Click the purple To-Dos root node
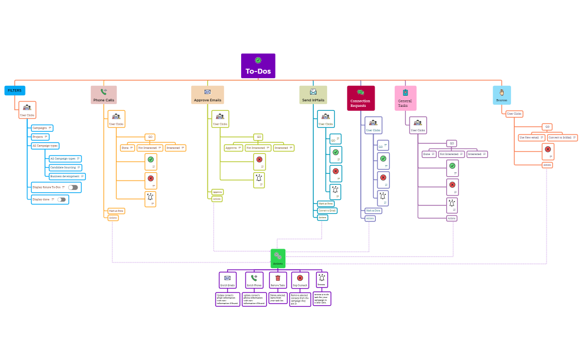click(x=258, y=66)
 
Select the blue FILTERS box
click(x=15, y=90)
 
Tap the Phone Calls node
click(x=104, y=95)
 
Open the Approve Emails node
click(x=207, y=95)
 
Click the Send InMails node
click(x=313, y=95)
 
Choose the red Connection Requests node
click(x=361, y=98)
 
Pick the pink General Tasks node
click(x=405, y=98)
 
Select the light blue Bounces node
click(x=502, y=95)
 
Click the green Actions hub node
click(x=278, y=258)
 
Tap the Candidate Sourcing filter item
click(x=65, y=167)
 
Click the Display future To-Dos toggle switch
click(x=73, y=188)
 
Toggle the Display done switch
click(x=62, y=199)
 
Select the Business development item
click(x=67, y=176)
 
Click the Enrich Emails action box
click(x=228, y=280)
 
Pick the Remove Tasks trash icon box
click(x=278, y=280)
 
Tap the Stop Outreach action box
click(x=300, y=280)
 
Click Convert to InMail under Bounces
click(x=562, y=137)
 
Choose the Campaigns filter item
click(x=42, y=128)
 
